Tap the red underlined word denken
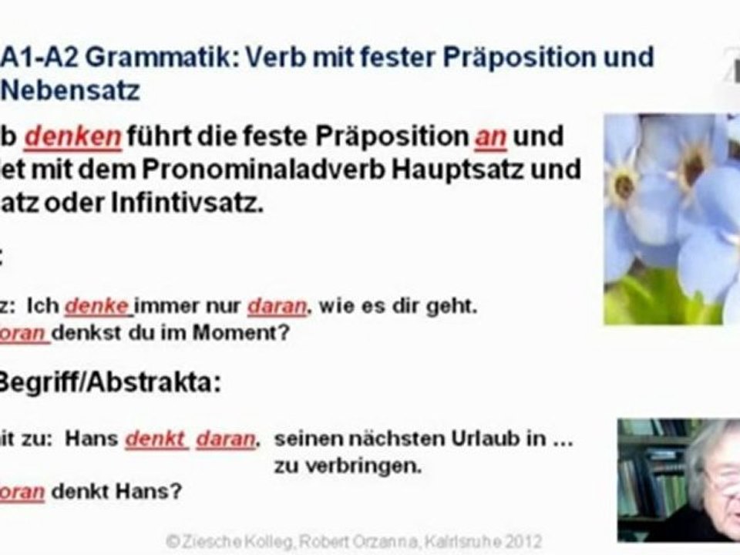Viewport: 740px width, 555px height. pos(73,137)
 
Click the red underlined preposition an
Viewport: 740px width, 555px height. pos(490,137)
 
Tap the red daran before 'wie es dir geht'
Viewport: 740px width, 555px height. pos(277,307)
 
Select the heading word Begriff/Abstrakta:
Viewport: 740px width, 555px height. pos(109,383)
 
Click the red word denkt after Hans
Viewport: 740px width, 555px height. pos(156,439)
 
